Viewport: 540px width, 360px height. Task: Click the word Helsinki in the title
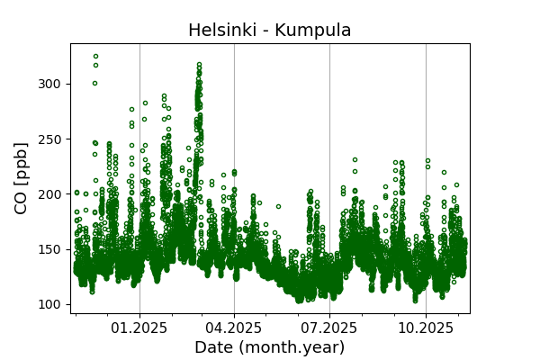[222, 31]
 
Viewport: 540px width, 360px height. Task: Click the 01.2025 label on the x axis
[139, 328]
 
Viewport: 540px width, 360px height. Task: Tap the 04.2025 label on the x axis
[234, 328]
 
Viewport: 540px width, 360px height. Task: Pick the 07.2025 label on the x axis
[329, 328]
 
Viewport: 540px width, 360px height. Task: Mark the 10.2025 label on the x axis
[426, 328]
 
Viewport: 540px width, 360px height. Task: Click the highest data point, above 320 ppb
[95, 57]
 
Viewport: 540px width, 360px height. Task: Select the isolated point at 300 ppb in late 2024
[94, 83]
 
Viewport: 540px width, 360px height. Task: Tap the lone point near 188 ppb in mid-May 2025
[278, 207]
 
